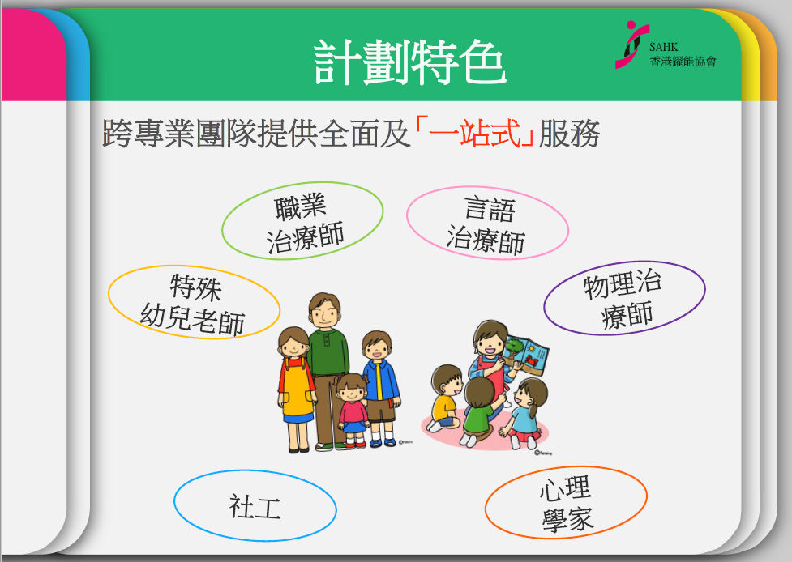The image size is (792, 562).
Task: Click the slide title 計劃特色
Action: pyautogui.click(x=409, y=62)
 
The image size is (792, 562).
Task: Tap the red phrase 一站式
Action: pyautogui.click(x=474, y=133)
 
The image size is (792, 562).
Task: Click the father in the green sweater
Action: pyautogui.click(x=327, y=368)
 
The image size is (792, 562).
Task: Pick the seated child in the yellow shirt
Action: pyautogui.click(x=444, y=398)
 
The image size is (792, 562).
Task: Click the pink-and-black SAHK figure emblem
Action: pyautogui.click(x=631, y=45)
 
